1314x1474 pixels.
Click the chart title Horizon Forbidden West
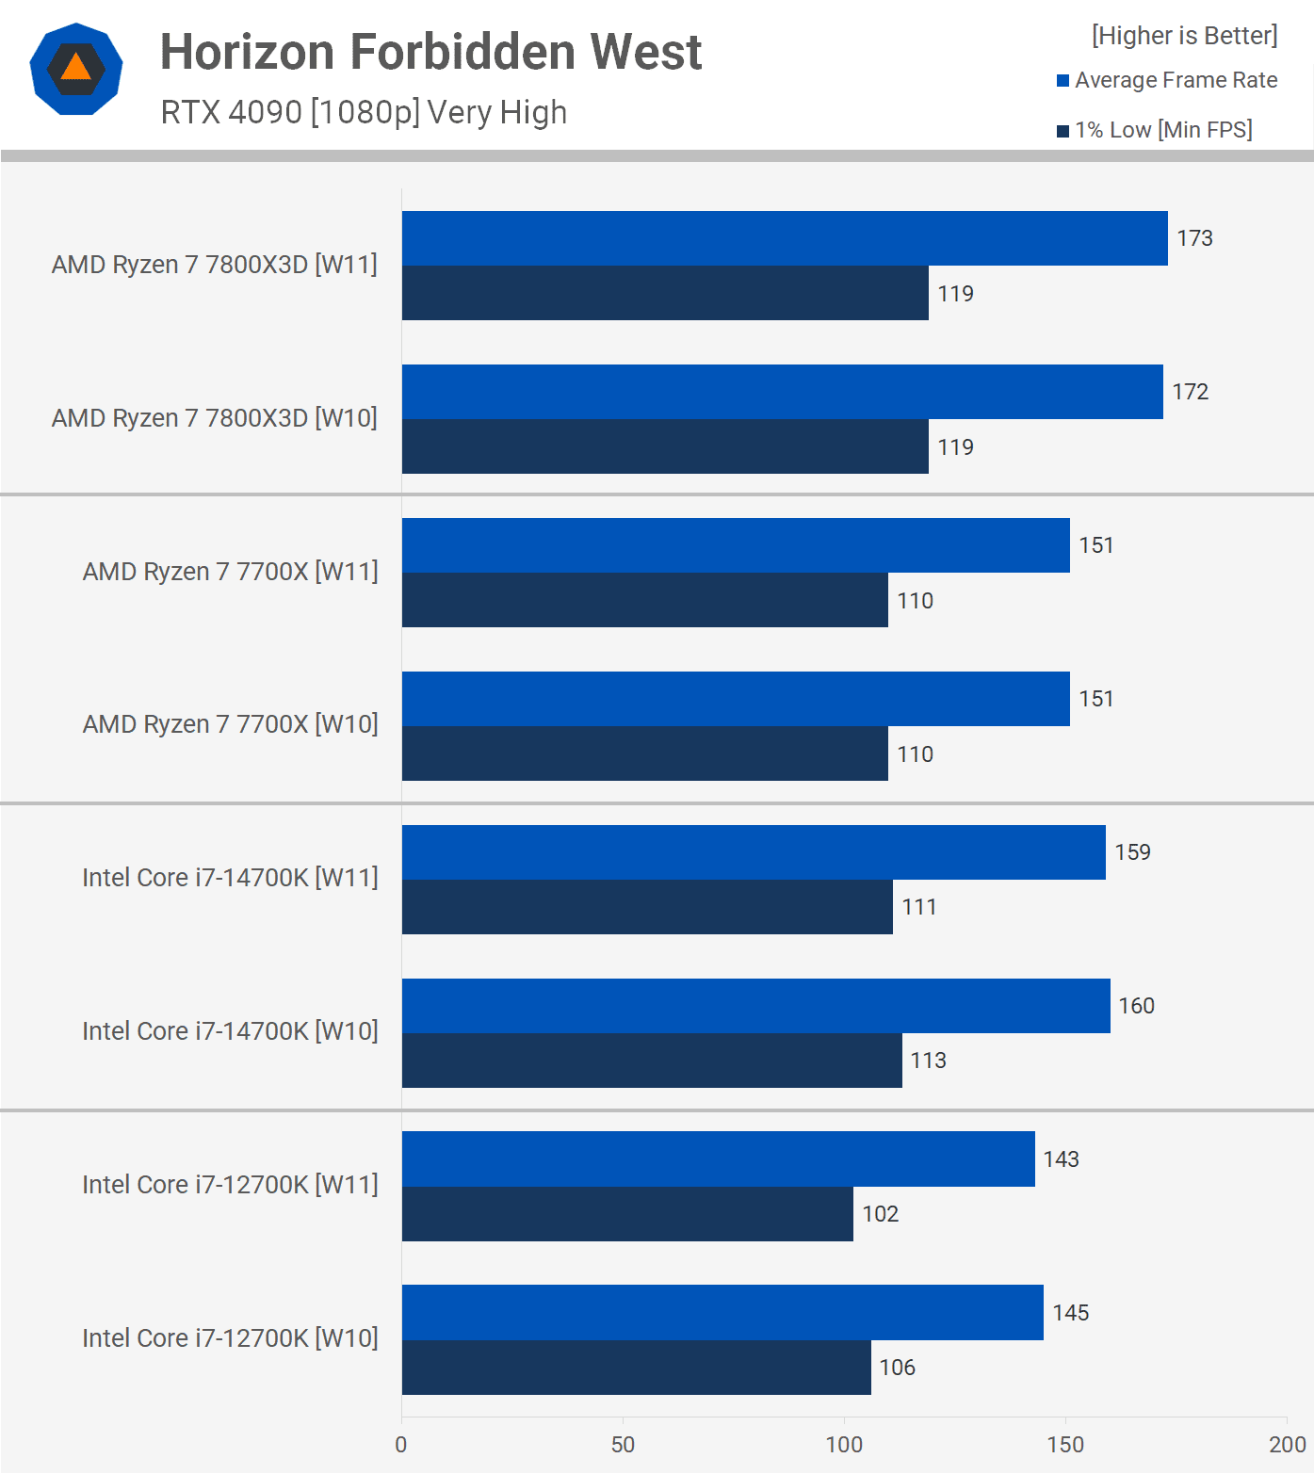pos(430,52)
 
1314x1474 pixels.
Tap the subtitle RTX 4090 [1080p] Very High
pos(364,112)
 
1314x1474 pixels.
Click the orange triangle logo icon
pos(75,69)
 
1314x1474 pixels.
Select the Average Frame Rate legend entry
pos(1167,80)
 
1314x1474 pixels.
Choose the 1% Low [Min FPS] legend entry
pos(1155,130)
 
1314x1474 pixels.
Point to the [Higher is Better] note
pos(1184,36)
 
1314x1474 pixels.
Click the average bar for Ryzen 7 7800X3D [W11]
pos(784,238)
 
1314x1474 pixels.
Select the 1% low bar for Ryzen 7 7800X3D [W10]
pos(665,446)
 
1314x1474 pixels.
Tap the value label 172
pos(1190,392)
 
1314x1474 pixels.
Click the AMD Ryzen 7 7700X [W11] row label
pos(230,572)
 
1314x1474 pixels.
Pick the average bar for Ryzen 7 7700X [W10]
pos(735,699)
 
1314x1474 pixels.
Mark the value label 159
pos(1132,852)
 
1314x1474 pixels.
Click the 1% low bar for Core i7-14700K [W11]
pos(647,907)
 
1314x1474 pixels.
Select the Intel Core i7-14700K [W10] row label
pos(230,1031)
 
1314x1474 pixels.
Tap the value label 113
pos(928,1061)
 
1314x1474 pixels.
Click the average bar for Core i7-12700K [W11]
pos(718,1159)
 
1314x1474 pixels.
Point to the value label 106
pos(897,1368)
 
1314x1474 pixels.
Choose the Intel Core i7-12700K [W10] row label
pos(230,1338)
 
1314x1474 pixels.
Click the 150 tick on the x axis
pos(1065,1445)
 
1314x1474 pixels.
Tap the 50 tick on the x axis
pos(623,1445)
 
